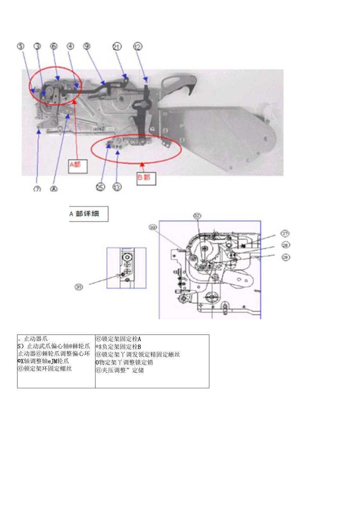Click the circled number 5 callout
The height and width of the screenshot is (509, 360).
(21, 46)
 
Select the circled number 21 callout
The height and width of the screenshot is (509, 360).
(117, 46)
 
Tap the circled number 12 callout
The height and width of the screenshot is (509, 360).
(138, 46)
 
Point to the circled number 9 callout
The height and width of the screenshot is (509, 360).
(86, 46)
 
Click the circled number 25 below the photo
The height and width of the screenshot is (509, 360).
(101, 187)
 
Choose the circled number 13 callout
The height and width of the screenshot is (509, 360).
(117, 187)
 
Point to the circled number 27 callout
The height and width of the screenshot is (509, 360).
(285, 234)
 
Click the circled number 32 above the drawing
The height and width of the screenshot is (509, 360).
(197, 216)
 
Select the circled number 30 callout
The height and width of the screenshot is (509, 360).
(152, 227)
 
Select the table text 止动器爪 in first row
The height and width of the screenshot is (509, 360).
(35, 339)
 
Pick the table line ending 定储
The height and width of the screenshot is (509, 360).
(120, 370)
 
